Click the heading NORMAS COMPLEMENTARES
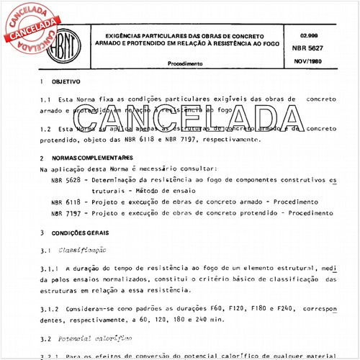[x=84, y=157]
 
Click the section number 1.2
[x=45, y=129]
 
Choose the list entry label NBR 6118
[x=66, y=203]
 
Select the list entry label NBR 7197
[x=66, y=214]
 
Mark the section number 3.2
[x=45, y=336]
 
